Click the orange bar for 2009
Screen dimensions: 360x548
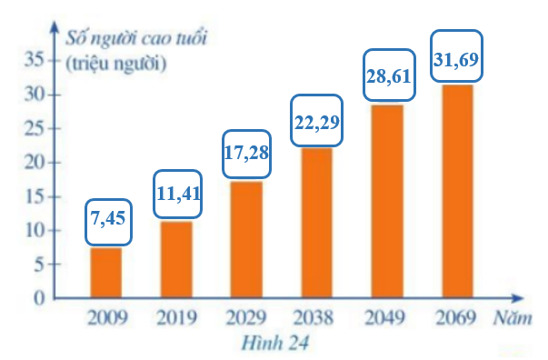[x=106, y=273]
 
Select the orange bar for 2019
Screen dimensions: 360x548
[x=176, y=259]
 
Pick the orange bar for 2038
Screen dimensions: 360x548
[x=316, y=223]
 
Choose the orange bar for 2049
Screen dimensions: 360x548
[x=386, y=201]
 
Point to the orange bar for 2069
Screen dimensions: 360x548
[x=456, y=191]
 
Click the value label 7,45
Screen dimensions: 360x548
[x=108, y=221]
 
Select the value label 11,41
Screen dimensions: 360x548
[x=178, y=193]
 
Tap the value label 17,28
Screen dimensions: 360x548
[x=246, y=152]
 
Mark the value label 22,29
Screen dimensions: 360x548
[x=316, y=120]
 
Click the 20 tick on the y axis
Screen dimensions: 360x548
[x=33, y=163]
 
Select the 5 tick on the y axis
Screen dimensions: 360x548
[x=37, y=265]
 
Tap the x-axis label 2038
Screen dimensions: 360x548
[x=316, y=318]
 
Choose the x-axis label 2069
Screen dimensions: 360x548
[x=456, y=318]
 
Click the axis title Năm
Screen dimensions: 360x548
[x=513, y=318]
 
